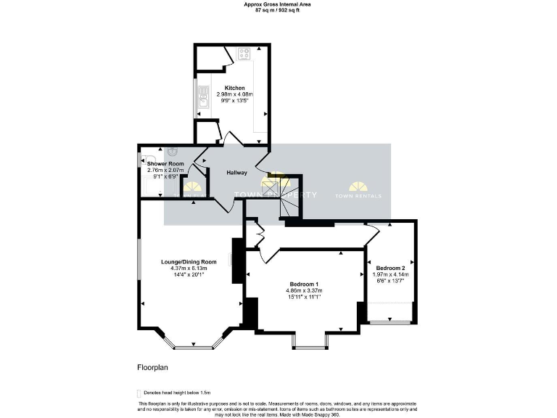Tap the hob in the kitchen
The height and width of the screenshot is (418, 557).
244,53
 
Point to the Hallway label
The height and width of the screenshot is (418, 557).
237,173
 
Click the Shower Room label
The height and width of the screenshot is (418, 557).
166,164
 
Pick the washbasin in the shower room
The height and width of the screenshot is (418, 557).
173,152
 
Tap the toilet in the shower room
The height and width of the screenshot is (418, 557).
148,158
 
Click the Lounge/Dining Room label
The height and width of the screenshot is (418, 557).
189,261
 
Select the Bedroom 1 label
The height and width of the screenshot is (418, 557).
305,284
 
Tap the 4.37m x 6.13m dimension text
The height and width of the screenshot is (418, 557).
189,268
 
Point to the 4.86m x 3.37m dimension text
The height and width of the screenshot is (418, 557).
305,290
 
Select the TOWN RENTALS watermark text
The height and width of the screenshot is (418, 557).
359,195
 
